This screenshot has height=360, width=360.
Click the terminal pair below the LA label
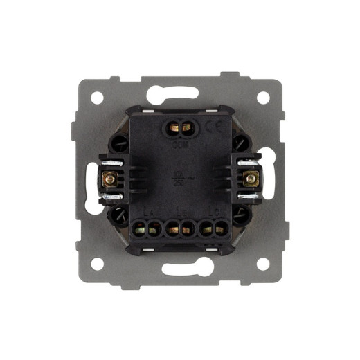click(148, 228)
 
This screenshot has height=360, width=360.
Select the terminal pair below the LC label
click(213, 228)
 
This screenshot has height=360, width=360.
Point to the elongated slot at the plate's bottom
click(181, 271)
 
